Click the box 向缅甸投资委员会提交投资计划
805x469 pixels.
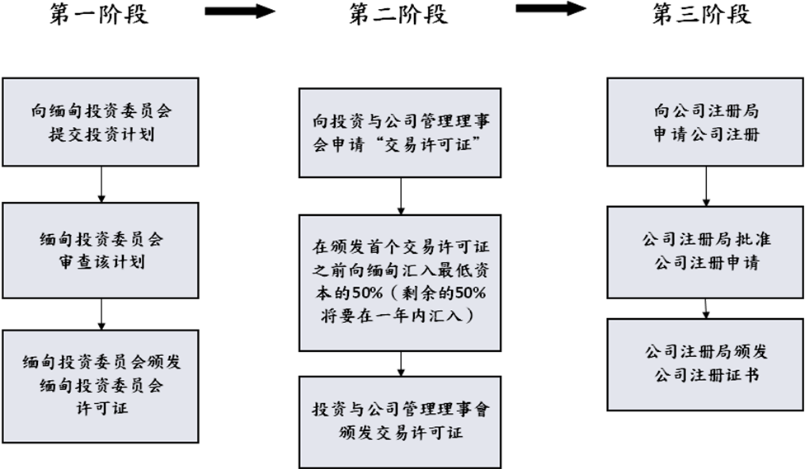[x=101, y=122]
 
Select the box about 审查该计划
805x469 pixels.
[x=101, y=251]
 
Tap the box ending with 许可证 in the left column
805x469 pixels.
[x=101, y=385]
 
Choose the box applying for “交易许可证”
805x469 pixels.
[x=399, y=133]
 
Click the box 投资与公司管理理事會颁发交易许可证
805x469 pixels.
[x=399, y=421]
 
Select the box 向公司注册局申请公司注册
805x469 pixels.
[x=706, y=122]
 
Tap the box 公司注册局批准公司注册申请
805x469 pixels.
[x=706, y=251]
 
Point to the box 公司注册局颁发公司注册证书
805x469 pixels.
[x=706, y=363]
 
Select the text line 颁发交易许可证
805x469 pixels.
[x=400, y=433]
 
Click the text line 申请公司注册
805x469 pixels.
[x=706, y=134]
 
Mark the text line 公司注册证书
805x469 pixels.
[x=706, y=375]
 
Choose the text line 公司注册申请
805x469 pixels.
[x=706, y=263]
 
